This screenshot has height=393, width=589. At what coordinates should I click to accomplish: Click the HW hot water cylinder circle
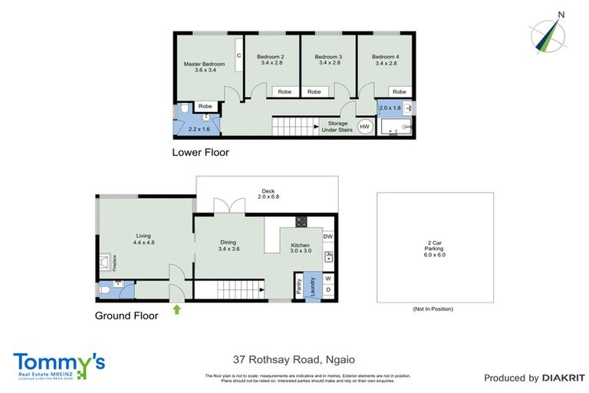click(x=364, y=127)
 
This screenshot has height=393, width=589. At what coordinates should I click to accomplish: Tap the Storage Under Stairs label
click(x=337, y=127)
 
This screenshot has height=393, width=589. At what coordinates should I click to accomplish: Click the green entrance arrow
click(x=178, y=310)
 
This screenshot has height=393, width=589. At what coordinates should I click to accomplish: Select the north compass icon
click(x=548, y=34)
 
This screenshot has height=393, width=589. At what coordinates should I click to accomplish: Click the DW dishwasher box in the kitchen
click(x=328, y=237)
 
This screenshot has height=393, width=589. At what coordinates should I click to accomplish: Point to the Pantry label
click(x=298, y=286)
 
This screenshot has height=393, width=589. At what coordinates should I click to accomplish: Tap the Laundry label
click(x=311, y=286)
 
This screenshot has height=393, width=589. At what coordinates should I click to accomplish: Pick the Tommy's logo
click(x=59, y=365)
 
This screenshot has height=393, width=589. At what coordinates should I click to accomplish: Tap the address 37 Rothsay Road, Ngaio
click(x=294, y=359)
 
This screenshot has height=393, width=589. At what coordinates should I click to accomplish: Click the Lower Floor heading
click(x=200, y=152)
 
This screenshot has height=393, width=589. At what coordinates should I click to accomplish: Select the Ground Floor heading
click(x=127, y=315)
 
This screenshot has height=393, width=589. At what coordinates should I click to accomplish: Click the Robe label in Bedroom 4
click(x=399, y=91)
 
